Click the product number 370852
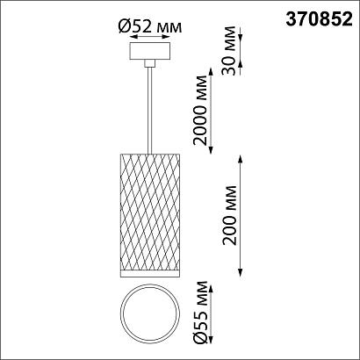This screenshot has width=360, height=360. (x=320, y=20)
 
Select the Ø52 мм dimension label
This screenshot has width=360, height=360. (x=150, y=27)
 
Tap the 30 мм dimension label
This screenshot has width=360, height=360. (x=228, y=51)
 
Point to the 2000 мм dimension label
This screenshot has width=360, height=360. (x=200, y=111)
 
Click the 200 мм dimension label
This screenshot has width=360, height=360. (x=229, y=215)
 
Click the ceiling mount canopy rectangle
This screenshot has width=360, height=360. (x=150, y=51)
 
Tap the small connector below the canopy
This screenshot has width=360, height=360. (x=150, y=63)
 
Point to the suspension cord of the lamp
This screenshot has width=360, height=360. (x=150, y=111)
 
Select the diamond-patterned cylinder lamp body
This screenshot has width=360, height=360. (x=150, y=212)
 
